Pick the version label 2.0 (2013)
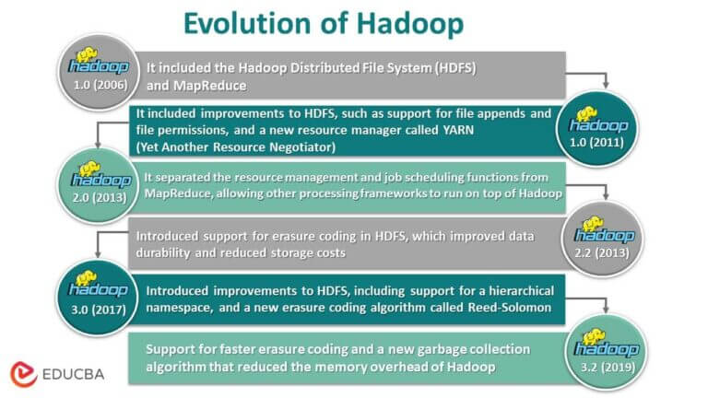coord(95,195)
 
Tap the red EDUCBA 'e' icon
coord(24,372)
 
